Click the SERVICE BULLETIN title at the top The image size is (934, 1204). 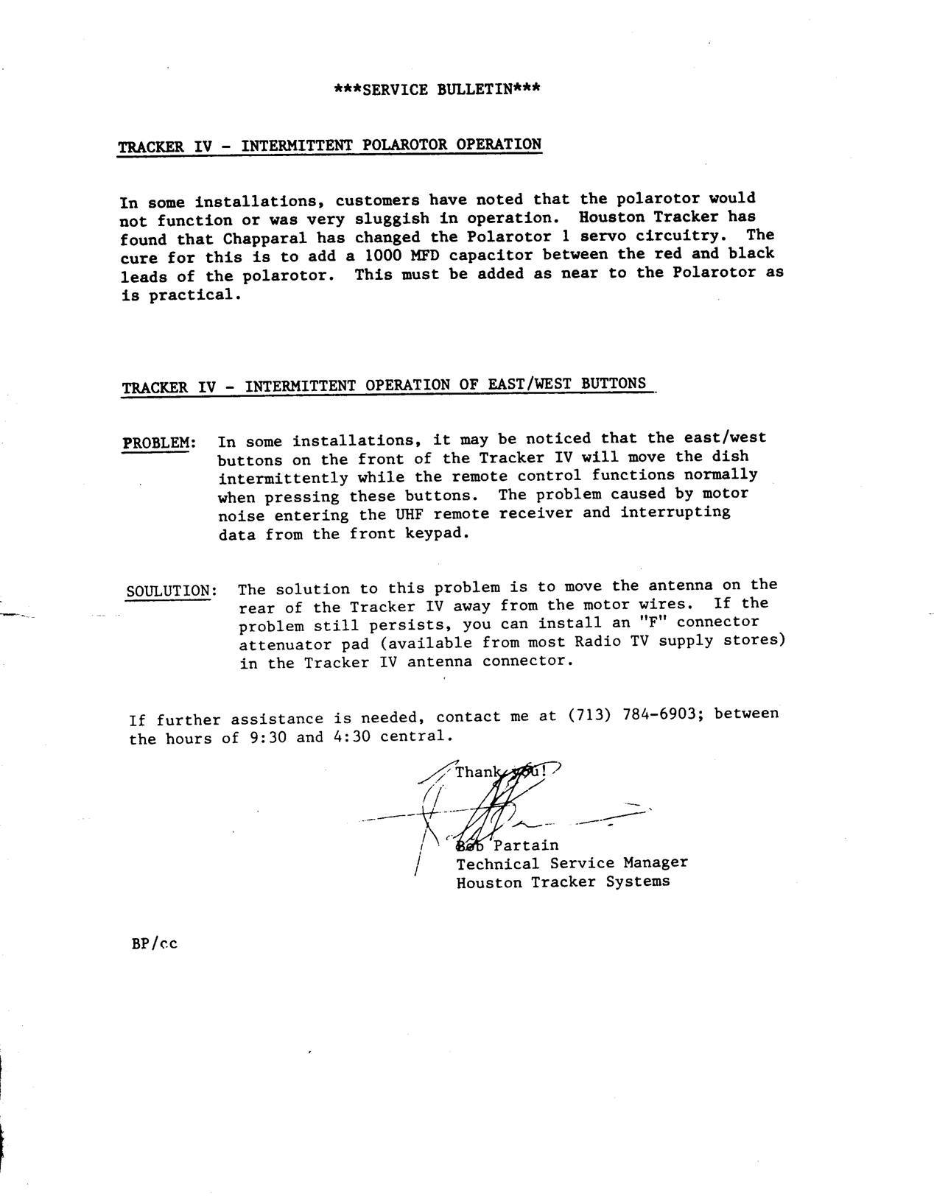[x=438, y=90]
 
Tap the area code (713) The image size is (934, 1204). [x=589, y=715]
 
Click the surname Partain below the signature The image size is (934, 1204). [x=525, y=845]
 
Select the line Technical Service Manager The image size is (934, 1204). [x=572, y=863]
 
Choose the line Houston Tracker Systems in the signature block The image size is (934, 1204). [x=563, y=881]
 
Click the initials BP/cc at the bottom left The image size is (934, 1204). [x=154, y=943]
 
